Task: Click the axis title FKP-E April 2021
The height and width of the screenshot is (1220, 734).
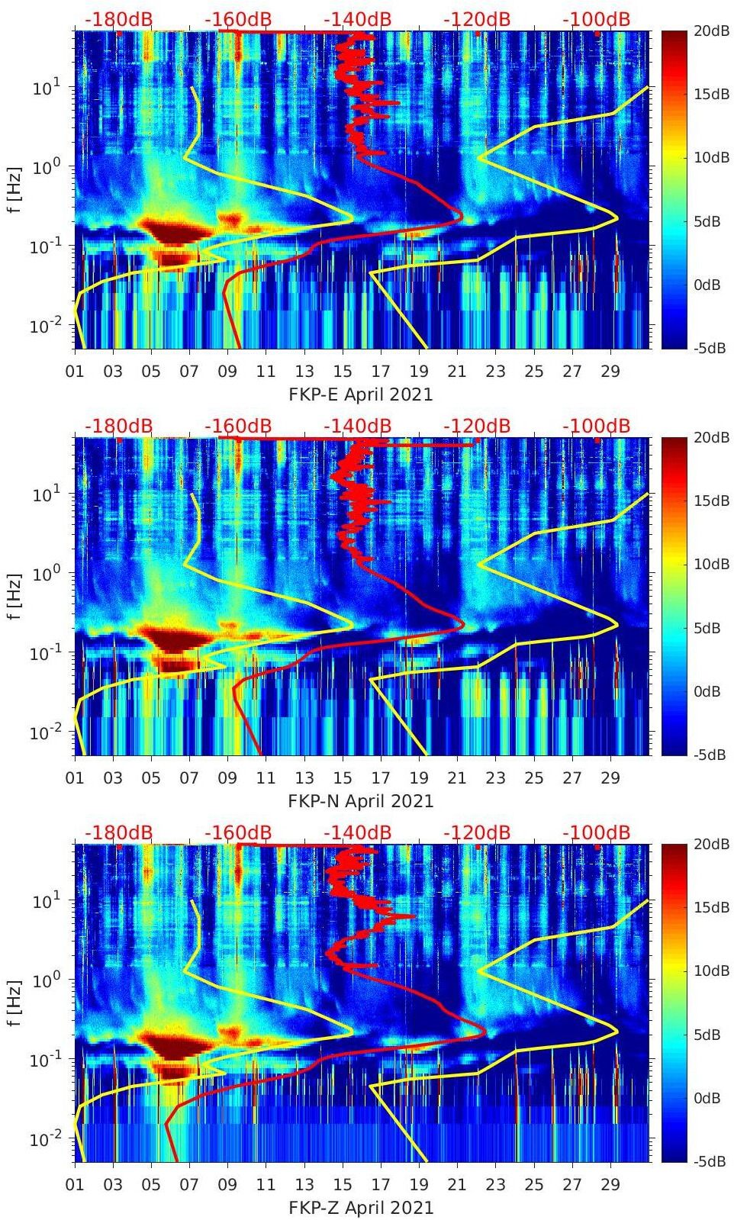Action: pyautogui.click(x=360, y=394)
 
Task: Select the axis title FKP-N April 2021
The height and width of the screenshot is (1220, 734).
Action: pyautogui.click(x=360, y=801)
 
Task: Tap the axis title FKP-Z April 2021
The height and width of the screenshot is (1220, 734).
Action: pyautogui.click(x=360, y=1208)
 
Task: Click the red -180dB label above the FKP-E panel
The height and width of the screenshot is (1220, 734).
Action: pyautogui.click(x=118, y=20)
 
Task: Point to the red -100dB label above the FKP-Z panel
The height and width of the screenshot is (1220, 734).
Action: pyautogui.click(x=596, y=832)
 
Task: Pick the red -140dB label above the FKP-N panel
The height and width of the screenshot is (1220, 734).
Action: pyautogui.click(x=357, y=426)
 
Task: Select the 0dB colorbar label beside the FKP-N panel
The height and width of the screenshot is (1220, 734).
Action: pyautogui.click(x=707, y=691)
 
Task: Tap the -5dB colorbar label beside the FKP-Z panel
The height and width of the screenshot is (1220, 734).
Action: pyautogui.click(x=710, y=1161)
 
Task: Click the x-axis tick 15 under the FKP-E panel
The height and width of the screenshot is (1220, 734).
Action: pyautogui.click(x=343, y=372)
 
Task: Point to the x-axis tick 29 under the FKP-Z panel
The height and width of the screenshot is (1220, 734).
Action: pyautogui.click(x=610, y=1185)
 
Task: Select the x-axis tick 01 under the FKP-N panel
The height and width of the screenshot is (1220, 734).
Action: pyautogui.click(x=75, y=778)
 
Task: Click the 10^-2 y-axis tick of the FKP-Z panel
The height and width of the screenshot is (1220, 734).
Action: pyautogui.click(x=43, y=1138)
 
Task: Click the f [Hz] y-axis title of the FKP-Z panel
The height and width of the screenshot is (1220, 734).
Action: pyautogui.click(x=14, y=1002)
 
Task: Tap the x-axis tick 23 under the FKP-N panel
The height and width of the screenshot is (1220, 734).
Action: pyautogui.click(x=495, y=778)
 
